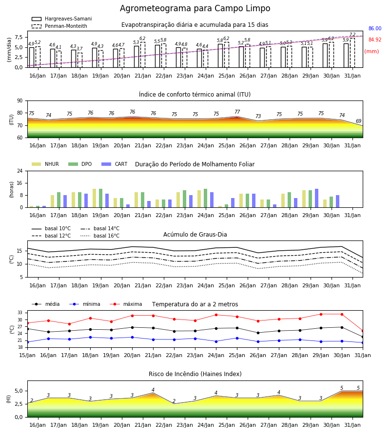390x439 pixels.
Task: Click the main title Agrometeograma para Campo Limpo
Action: pos(195,8)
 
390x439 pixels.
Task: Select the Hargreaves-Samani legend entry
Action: pos(62,19)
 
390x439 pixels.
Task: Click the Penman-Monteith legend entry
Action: pos(59,26)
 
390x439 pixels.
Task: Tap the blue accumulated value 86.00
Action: pos(375,29)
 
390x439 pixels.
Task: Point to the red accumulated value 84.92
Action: pos(375,40)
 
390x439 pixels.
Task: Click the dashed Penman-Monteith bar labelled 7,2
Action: pos(352,53)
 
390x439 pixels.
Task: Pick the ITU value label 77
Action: pos(237,112)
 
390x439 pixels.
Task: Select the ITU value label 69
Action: pos(358,121)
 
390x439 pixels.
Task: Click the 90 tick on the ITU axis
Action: pos(20,101)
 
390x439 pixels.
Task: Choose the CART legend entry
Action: pos(115,164)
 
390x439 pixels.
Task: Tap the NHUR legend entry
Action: pos(45,164)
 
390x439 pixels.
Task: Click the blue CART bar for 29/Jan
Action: pos(317,198)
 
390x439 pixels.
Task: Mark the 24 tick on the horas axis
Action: pos(20,171)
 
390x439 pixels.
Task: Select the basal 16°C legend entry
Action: pos(100,236)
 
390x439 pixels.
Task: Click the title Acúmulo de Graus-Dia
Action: pos(195,235)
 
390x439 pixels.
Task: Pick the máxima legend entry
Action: pos(126,304)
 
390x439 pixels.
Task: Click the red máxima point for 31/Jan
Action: pos(363,331)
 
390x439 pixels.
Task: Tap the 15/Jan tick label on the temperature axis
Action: pos(27,355)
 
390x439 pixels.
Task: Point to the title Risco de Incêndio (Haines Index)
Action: pos(195,374)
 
